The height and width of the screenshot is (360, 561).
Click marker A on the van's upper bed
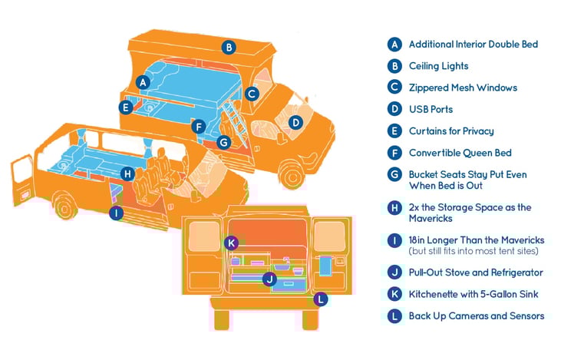tap(141, 81)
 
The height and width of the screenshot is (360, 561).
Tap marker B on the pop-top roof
tap(228, 47)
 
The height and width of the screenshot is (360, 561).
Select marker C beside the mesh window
tap(251, 94)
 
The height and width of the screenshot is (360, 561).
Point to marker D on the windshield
tap(295, 122)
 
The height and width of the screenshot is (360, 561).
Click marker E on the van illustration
tap(125, 107)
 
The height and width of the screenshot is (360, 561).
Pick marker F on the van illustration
tap(198, 127)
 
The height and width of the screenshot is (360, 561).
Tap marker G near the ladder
tap(223, 142)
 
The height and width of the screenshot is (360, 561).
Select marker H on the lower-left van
tap(128, 174)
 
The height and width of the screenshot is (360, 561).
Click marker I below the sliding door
tap(115, 213)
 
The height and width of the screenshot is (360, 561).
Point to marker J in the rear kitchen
tap(269, 279)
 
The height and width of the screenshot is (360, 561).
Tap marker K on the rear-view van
tap(233, 243)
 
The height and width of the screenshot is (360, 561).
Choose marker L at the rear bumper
tap(321, 299)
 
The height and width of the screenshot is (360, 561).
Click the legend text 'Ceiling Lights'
tap(438, 66)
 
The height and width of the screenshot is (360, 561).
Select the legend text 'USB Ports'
tap(431, 109)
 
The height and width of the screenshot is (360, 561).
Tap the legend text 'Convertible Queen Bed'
tap(460, 153)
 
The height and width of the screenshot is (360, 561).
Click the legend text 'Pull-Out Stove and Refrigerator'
tap(476, 272)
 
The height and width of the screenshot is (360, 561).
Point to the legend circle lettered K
tap(394, 294)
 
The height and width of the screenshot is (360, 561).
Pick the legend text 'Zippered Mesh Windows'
tap(463, 88)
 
